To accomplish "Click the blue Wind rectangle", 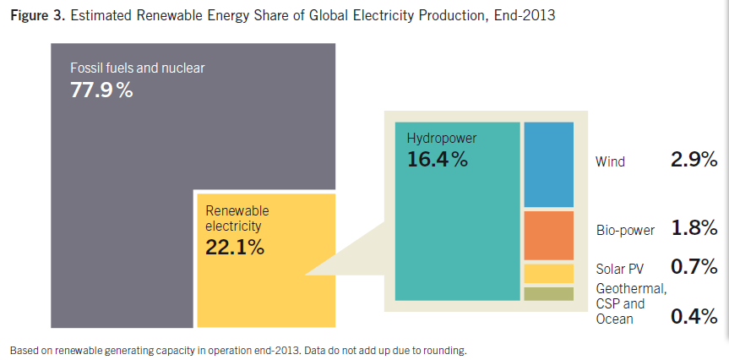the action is [x=548, y=165].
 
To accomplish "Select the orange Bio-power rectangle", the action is [x=548, y=235].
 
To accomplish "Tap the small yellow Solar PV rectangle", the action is [x=548, y=274].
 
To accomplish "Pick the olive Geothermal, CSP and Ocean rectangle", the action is [x=548, y=294].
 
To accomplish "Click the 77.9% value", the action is [x=101, y=90].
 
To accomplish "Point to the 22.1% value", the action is [x=235, y=248].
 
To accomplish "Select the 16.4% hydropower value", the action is [x=437, y=159].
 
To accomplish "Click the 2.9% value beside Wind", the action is [x=694, y=160].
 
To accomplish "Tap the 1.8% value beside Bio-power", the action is [x=694, y=228].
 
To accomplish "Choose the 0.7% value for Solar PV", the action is [x=694, y=266].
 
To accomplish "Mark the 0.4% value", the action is [x=694, y=317].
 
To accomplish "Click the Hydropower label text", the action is [x=442, y=138].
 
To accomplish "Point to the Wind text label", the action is [x=611, y=162].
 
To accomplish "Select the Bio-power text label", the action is [x=625, y=230].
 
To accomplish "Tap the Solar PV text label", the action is [x=620, y=269].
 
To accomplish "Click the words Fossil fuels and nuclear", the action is [x=138, y=68].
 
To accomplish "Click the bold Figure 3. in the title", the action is [x=38, y=15].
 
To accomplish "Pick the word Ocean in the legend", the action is [x=615, y=319].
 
